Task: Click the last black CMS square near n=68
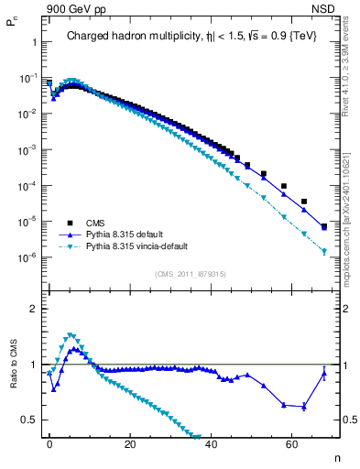coord(324,225)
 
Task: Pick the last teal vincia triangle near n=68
coord(324,251)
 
